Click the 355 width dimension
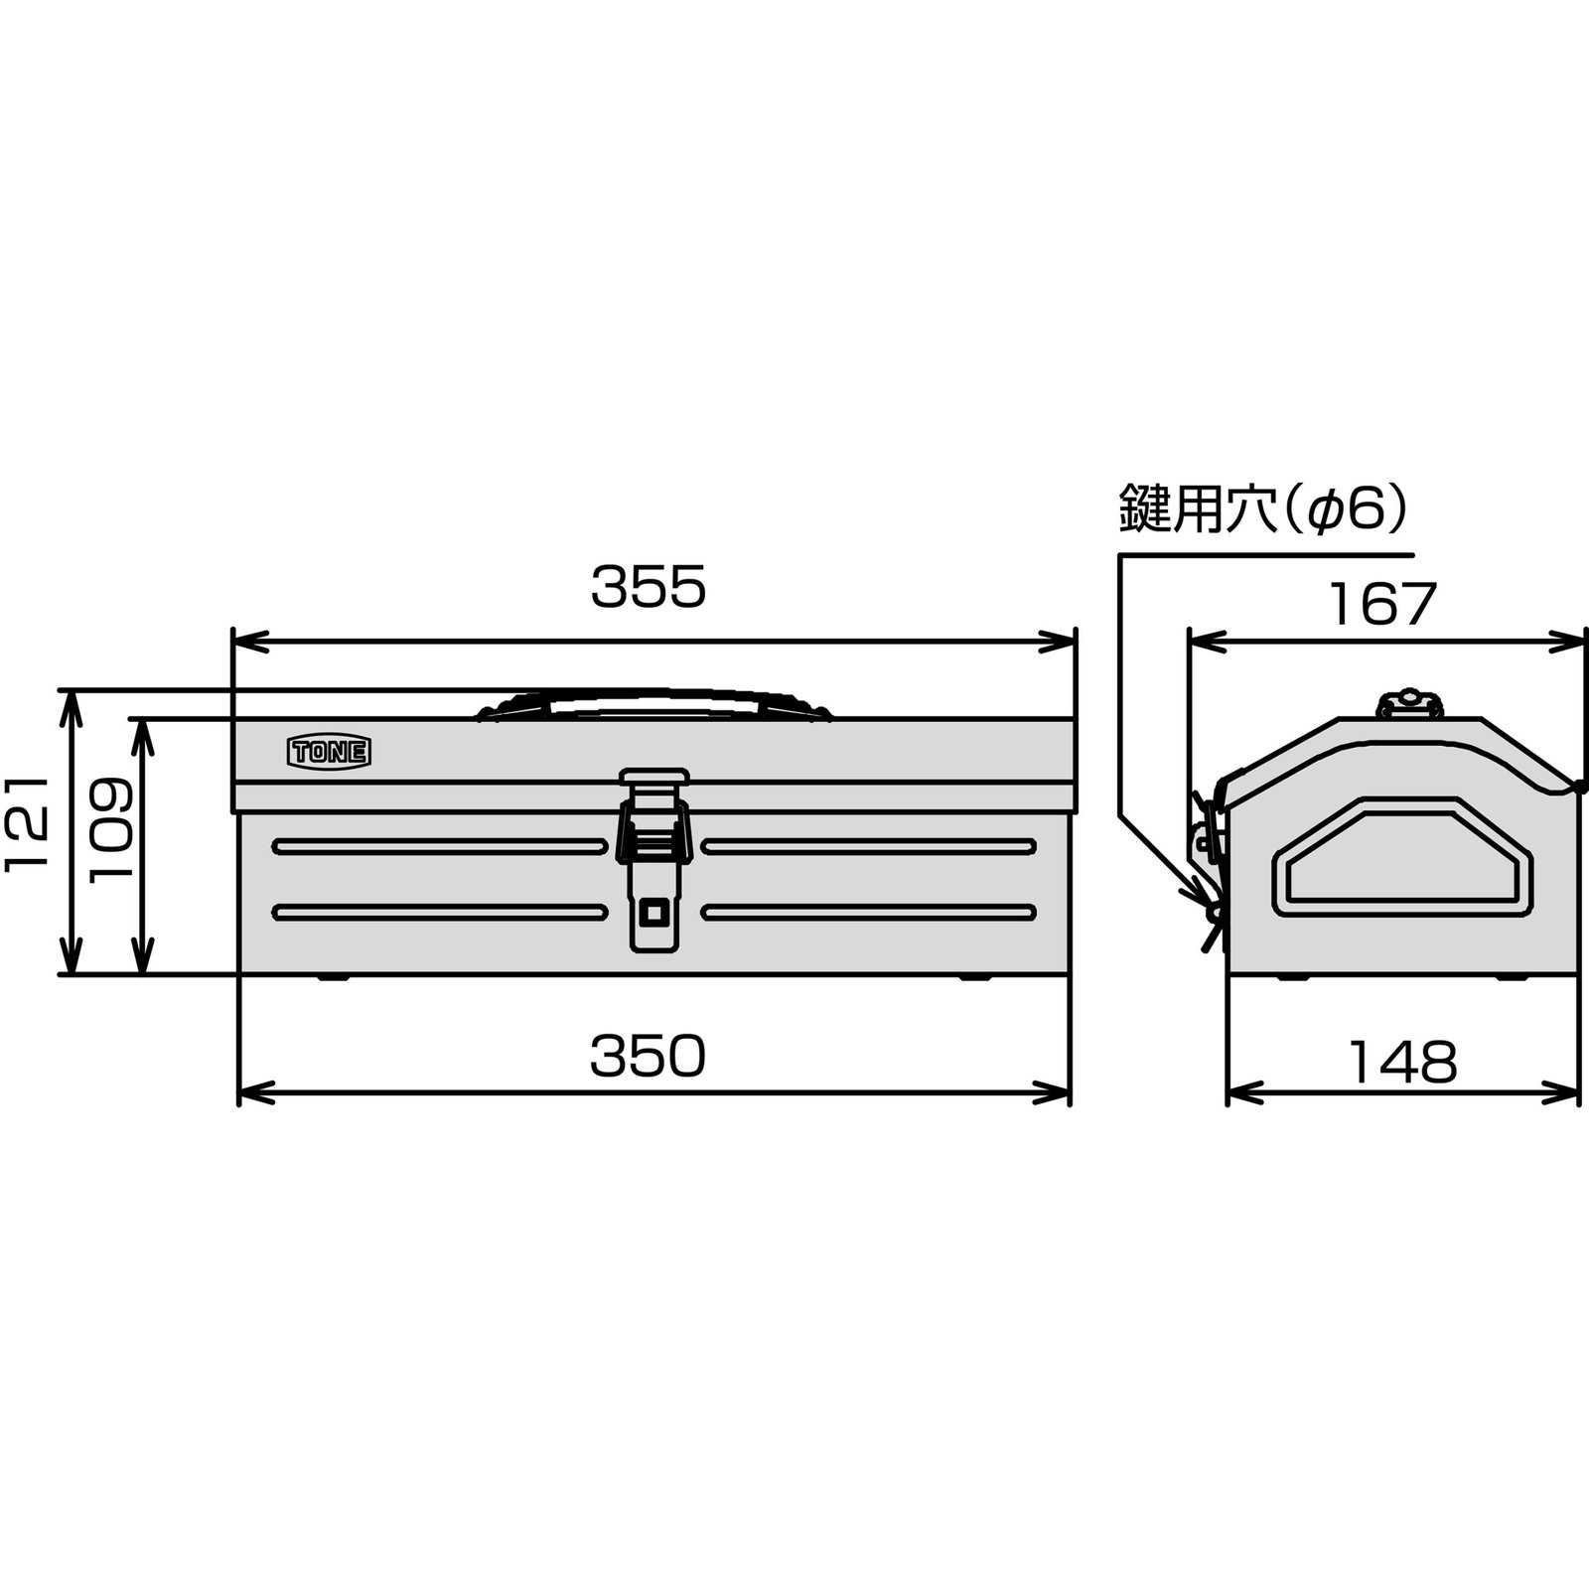[648, 587]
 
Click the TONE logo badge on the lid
[329, 752]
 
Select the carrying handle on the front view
[653, 701]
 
